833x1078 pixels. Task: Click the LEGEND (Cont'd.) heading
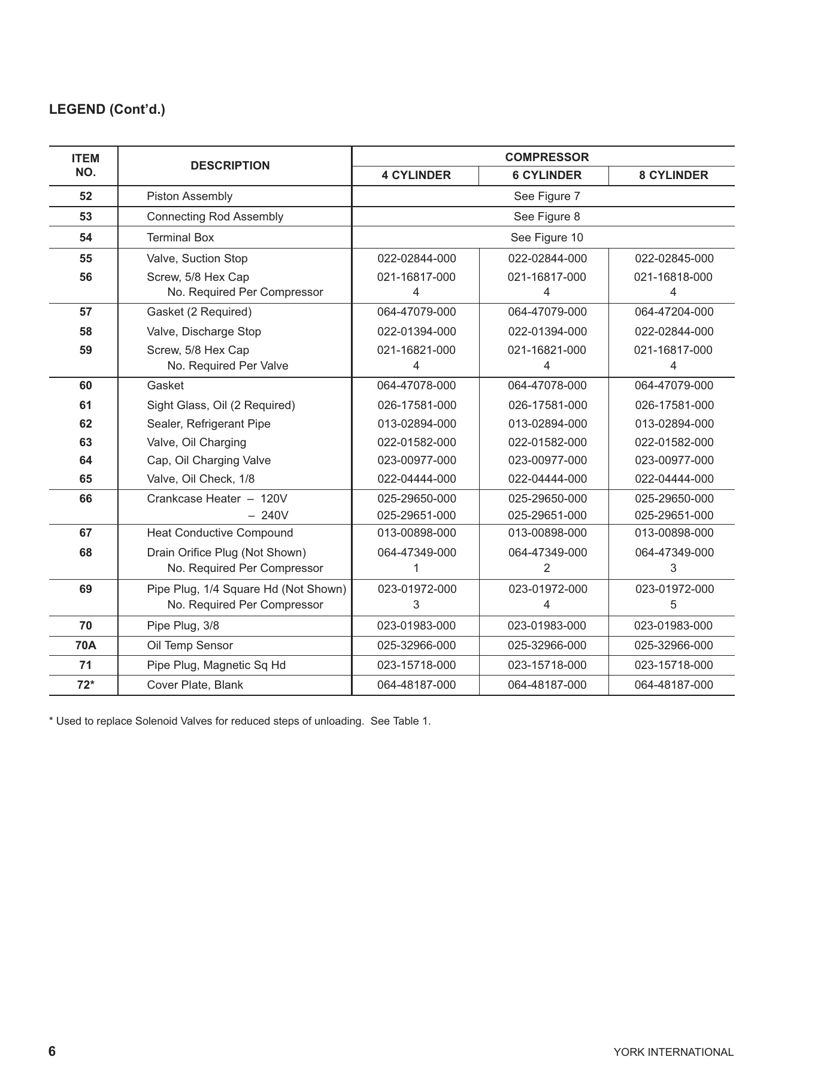pos(107,110)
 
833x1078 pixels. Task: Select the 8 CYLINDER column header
pos(673,175)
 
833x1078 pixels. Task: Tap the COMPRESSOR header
pos(546,157)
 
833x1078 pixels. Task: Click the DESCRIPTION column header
pos(230,166)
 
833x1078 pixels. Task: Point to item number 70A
pos(86,646)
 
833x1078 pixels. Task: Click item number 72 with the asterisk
pos(86,685)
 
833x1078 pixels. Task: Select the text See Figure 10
pos(546,238)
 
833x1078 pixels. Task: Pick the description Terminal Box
pos(180,238)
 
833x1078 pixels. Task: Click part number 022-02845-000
pos(674,259)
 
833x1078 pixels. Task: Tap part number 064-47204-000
pos(674,312)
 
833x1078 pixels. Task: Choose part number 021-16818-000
pos(673,277)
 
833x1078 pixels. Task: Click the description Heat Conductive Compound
pos(220,533)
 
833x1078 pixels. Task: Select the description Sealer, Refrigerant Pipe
pos(208,424)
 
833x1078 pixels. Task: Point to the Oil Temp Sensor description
pos(190,646)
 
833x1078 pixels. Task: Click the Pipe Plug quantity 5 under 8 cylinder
pos(673,605)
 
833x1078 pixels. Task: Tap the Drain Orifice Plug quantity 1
pos(416,568)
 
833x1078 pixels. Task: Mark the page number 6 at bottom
pos(52,1052)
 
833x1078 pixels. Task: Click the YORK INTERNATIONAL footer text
pos(673,1052)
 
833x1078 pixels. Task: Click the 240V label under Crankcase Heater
pos(275,516)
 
